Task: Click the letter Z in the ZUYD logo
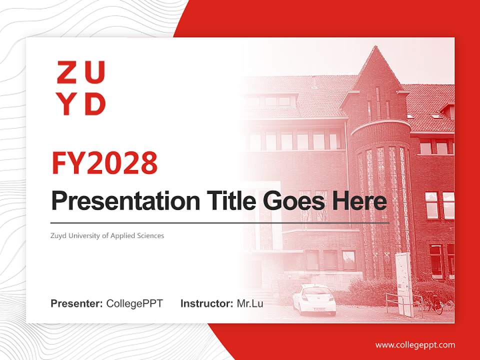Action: (x=66, y=72)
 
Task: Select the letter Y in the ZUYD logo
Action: (x=66, y=103)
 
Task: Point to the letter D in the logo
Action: (x=95, y=103)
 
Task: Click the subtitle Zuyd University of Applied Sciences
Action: (x=107, y=235)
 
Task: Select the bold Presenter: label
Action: (x=77, y=303)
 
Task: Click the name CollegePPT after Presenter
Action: (x=134, y=303)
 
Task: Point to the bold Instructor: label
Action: (x=206, y=303)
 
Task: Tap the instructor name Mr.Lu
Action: (x=250, y=303)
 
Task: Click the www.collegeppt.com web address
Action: (x=415, y=345)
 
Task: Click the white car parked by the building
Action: (x=314, y=299)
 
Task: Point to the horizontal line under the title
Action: (x=220, y=223)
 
